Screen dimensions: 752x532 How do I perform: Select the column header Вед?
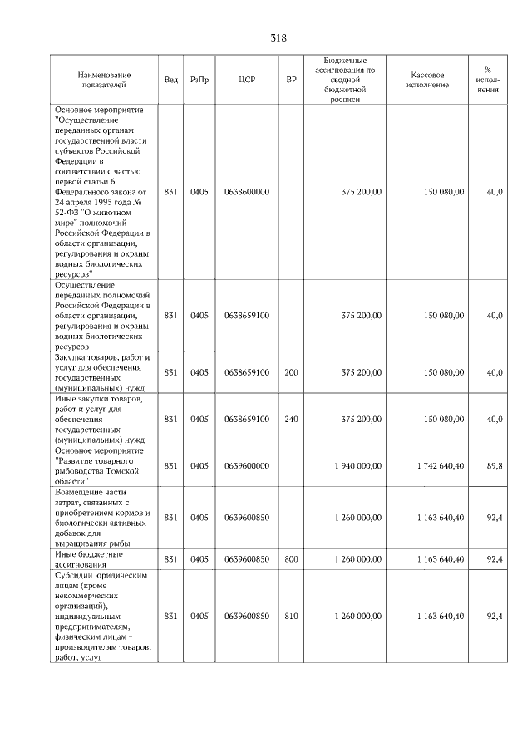click(x=170, y=80)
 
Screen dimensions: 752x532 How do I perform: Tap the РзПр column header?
click(x=199, y=80)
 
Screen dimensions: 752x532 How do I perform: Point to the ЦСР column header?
click(x=246, y=80)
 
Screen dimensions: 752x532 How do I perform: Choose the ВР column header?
click(x=291, y=80)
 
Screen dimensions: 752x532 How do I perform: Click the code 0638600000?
click(x=247, y=192)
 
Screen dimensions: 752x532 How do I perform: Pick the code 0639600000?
click(x=247, y=467)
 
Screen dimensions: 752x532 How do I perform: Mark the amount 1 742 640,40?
click(x=441, y=467)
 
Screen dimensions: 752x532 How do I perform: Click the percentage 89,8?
click(x=495, y=467)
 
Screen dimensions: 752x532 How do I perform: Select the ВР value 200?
click(x=291, y=373)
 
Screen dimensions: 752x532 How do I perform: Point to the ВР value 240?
click(x=291, y=419)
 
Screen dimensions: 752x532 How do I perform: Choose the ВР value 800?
click(x=291, y=560)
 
